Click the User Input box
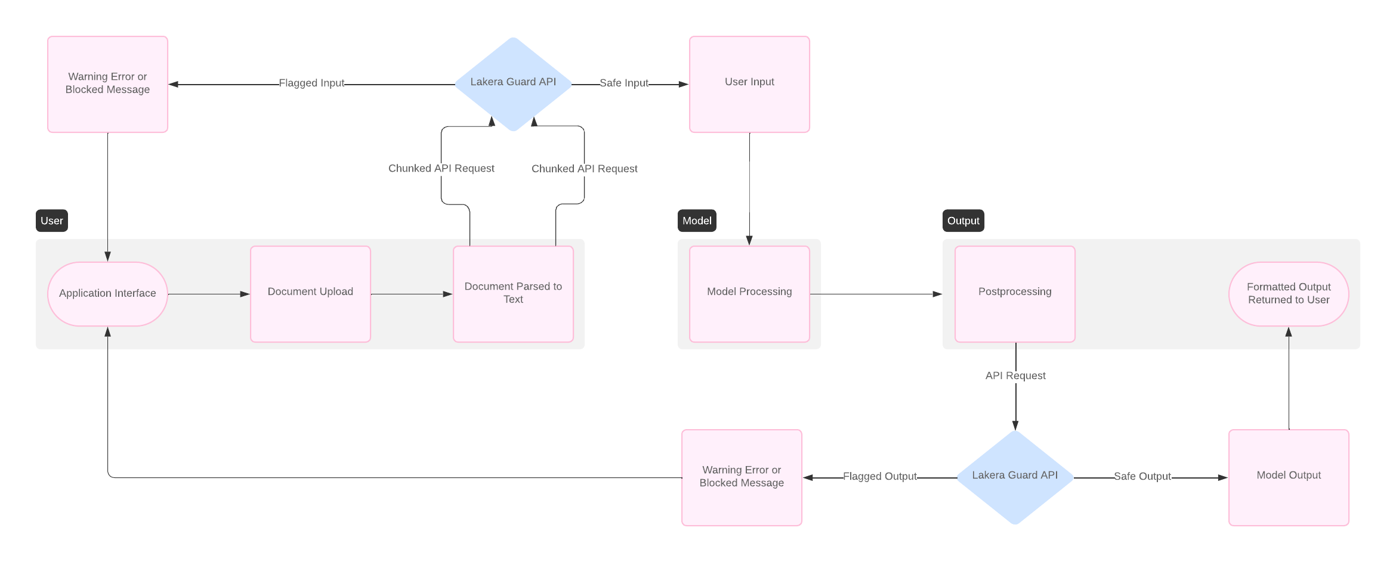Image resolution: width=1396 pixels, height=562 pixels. tap(749, 84)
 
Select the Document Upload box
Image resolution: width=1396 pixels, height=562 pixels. tap(310, 294)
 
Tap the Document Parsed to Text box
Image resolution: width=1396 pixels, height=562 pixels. tap(513, 294)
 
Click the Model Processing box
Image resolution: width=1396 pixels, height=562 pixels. tap(749, 294)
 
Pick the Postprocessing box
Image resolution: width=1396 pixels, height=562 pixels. tap(1015, 294)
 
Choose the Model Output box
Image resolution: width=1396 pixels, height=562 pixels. tap(1289, 477)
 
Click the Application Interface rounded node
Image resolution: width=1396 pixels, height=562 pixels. tap(107, 294)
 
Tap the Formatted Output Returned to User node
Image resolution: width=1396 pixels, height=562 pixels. tap(1289, 294)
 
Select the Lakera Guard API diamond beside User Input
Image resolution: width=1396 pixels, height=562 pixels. tap(513, 84)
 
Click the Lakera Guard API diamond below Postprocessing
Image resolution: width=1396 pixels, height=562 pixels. tap(1015, 477)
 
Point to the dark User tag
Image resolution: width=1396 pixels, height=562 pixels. tap(52, 221)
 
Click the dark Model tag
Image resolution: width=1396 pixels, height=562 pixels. tap(697, 221)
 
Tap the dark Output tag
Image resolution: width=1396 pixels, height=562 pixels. tap(963, 221)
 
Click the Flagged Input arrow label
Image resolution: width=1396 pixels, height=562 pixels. tap(311, 83)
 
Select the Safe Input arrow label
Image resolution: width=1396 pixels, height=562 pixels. tap(623, 83)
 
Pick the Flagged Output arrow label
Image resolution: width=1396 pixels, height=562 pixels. tap(879, 477)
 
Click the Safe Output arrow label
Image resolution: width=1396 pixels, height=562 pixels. tap(1142, 477)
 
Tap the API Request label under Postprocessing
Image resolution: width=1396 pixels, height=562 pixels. tap(1015, 376)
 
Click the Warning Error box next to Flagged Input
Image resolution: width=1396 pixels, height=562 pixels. tap(107, 84)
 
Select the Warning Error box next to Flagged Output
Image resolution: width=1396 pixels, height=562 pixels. tap(742, 477)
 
